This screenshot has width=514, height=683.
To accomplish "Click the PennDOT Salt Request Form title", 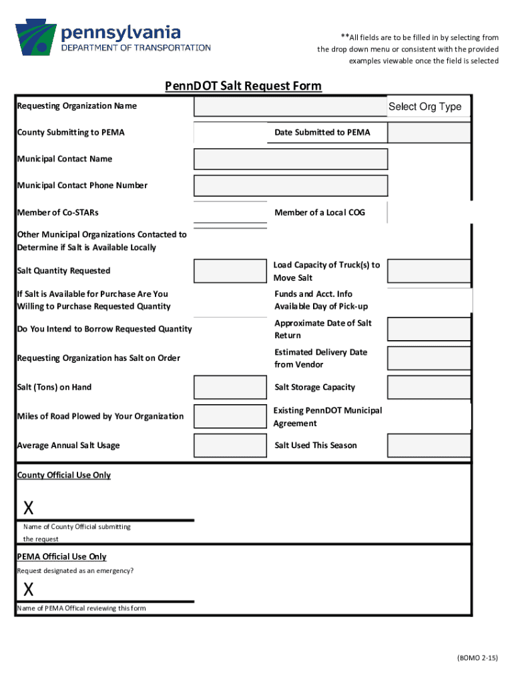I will (x=244, y=86).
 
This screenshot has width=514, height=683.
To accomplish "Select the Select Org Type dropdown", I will (x=425, y=107).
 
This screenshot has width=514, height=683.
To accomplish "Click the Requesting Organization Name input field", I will (x=290, y=107).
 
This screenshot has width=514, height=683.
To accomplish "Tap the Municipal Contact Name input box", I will (x=290, y=159).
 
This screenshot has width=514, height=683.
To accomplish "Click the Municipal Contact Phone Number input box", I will (x=290, y=185).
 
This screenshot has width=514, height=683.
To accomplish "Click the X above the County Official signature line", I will (x=29, y=508).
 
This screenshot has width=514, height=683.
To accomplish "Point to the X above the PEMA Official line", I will (x=29, y=590).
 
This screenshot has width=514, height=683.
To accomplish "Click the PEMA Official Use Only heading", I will (x=61, y=557).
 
